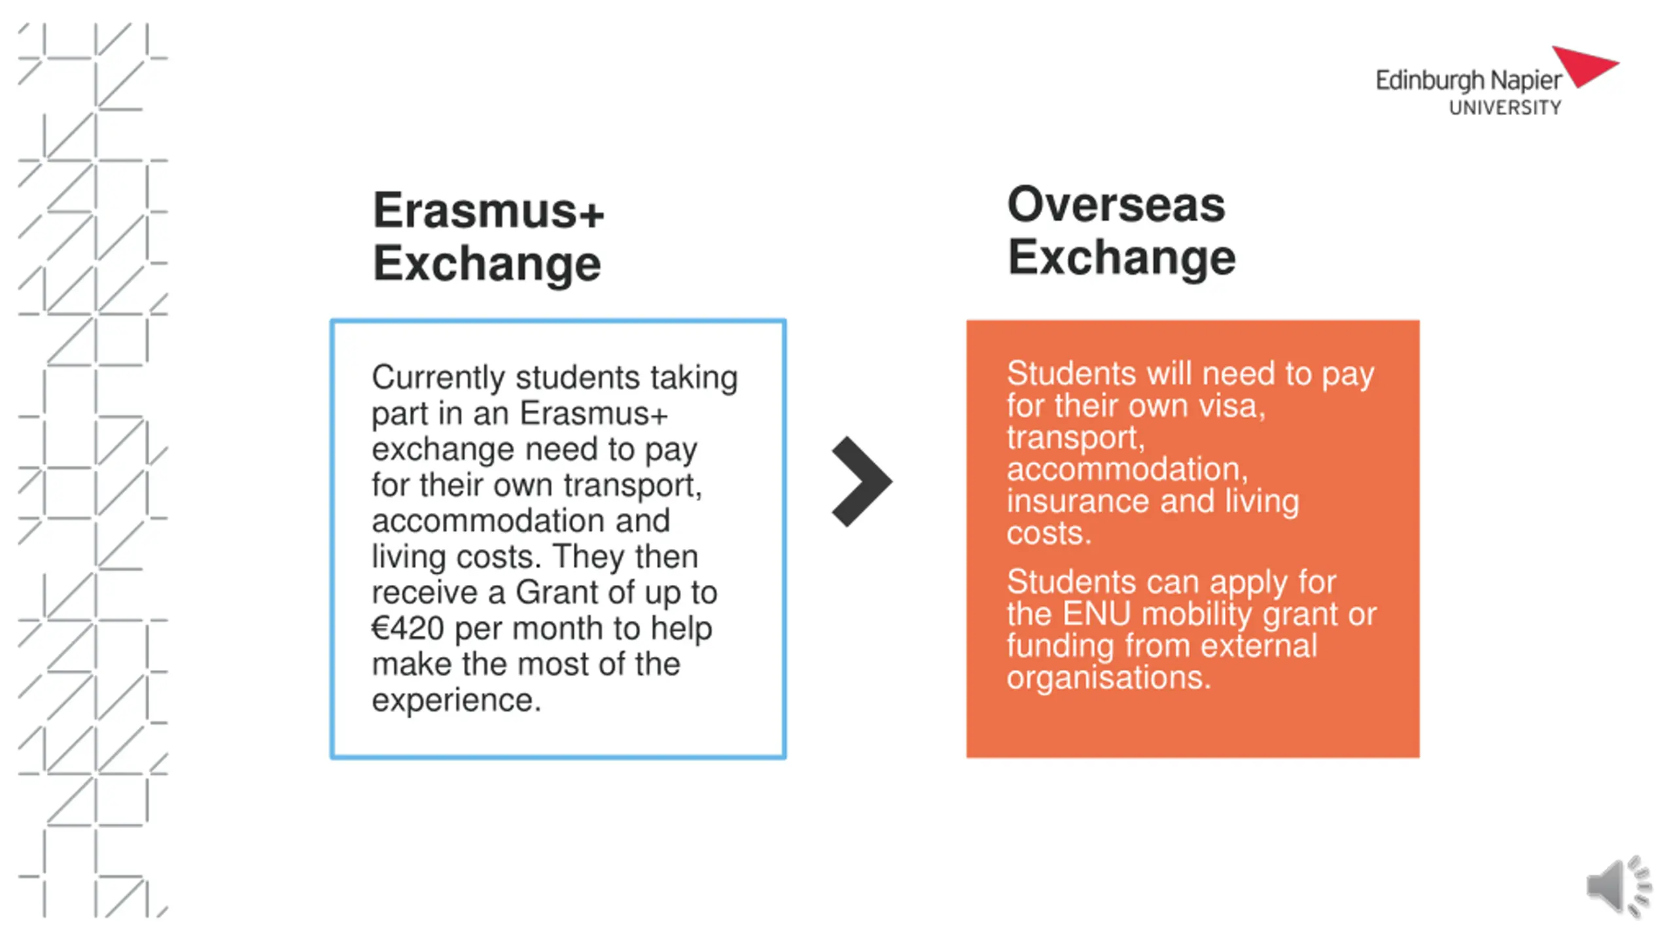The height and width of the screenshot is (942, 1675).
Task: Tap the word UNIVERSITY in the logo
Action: tap(1505, 108)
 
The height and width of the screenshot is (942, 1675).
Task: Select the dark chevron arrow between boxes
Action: tap(862, 481)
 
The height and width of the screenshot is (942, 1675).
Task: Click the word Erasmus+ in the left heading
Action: tap(488, 211)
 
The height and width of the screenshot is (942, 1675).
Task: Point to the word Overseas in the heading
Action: tap(1116, 204)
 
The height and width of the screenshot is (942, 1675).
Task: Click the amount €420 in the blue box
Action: tap(408, 628)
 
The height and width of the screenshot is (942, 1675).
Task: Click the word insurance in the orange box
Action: tap(1078, 501)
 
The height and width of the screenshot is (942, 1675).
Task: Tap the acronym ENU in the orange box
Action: tap(1096, 614)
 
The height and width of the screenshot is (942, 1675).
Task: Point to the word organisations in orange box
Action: tap(1108, 678)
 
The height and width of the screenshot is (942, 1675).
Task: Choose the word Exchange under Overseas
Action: tap(1121, 258)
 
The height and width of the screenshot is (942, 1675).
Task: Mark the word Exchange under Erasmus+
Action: tap(487, 264)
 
